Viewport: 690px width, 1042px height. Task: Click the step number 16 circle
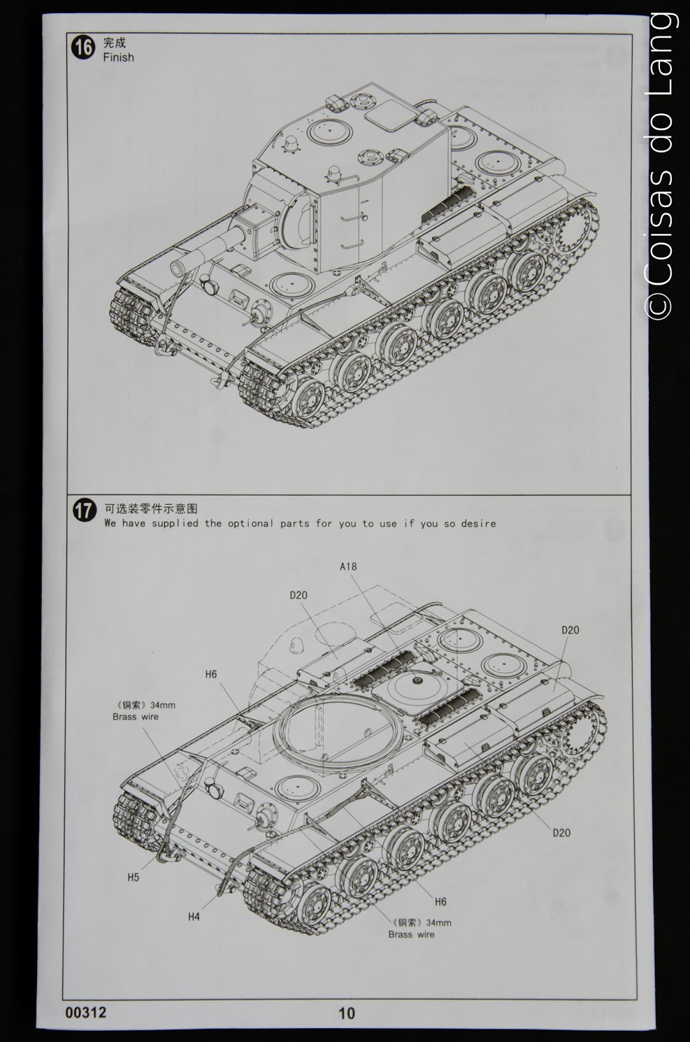(x=84, y=49)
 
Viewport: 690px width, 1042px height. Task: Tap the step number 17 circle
(x=84, y=511)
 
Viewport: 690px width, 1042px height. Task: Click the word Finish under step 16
(x=118, y=57)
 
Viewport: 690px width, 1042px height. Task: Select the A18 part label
(x=348, y=566)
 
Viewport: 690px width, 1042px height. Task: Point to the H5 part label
(x=133, y=877)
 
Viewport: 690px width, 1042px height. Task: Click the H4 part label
(x=194, y=916)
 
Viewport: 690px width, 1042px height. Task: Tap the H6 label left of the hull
(x=210, y=674)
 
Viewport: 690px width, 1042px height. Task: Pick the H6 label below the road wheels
(x=440, y=901)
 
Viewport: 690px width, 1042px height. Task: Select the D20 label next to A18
(x=298, y=595)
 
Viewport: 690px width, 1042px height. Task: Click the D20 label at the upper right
(x=569, y=630)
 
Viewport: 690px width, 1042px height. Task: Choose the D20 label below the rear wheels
(x=561, y=832)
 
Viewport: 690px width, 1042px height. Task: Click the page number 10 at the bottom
(x=347, y=1013)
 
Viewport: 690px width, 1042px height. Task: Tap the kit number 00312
(x=85, y=1012)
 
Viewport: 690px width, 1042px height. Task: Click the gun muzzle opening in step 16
(x=179, y=267)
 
